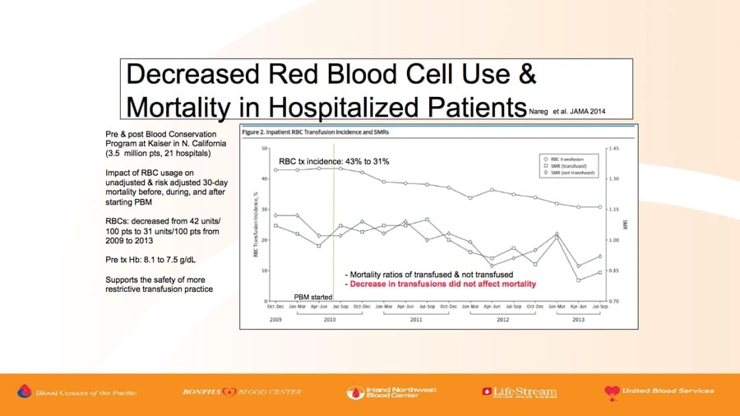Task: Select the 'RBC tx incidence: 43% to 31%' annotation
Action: click(x=334, y=162)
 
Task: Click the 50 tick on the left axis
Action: click(x=265, y=148)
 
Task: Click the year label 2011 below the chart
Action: click(x=416, y=318)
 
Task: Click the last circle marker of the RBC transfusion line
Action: click(x=600, y=207)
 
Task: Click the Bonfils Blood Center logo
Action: click(x=243, y=392)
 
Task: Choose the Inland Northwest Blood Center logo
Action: click(x=391, y=392)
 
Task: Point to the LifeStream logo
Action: click(x=519, y=392)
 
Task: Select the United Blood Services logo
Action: click(x=659, y=391)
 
